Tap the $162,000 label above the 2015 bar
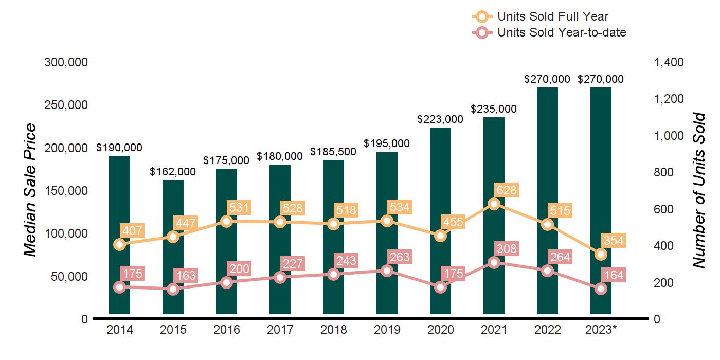click(x=173, y=172)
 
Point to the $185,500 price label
click(x=333, y=152)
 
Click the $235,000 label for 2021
click(x=494, y=109)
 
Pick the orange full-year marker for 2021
click(x=494, y=204)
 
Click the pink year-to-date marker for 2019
click(x=387, y=271)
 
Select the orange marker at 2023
click(x=601, y=254)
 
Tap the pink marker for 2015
click(x=173, y=289)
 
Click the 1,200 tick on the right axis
click(x=669, y=99)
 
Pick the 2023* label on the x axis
click(x=601, y=330)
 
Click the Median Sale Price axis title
click(x=31, y=190)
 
